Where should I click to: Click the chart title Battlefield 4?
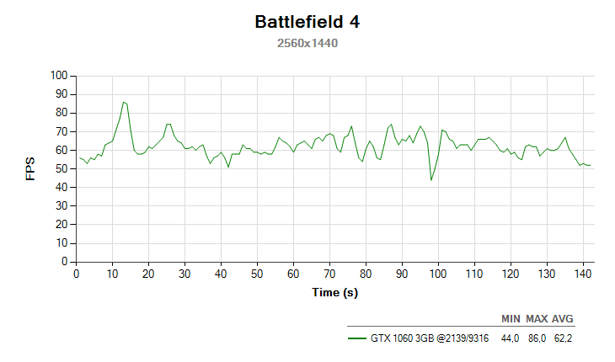point(307,22)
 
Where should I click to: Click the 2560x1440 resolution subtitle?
point(307,43)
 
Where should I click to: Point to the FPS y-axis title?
point(31,168)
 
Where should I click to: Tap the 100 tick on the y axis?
point(58,75)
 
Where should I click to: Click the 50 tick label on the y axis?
point(61,168)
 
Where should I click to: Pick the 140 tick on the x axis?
point(581,273)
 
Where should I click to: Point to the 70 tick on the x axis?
point(329,273)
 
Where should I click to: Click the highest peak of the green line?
point(123,102)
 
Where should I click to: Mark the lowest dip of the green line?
point(431,180)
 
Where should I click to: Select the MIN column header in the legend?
point(511,319)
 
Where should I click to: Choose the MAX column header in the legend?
point(537,319)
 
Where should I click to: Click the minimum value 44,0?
point(511,338)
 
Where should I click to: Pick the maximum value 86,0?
point(537,338)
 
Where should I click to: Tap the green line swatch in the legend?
point(356,338)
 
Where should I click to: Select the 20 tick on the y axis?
point(61,225)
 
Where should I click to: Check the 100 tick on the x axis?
point(437,273)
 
